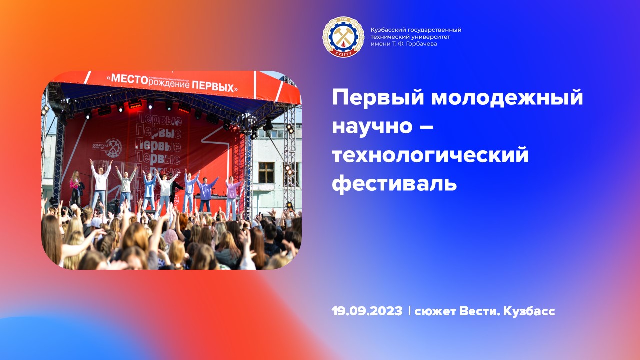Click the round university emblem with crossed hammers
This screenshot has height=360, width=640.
click(x=343, y=37)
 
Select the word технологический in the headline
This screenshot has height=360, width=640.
click(x=430, y=155)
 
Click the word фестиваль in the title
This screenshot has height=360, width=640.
click(x=394, y=183)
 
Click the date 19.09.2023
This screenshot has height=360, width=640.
click(x=367, y=311)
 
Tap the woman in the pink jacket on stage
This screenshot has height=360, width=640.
click(x=76, y=187)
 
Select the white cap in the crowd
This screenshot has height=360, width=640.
click(x=96, y=222)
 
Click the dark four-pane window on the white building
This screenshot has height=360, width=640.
click(x=266, y=172)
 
